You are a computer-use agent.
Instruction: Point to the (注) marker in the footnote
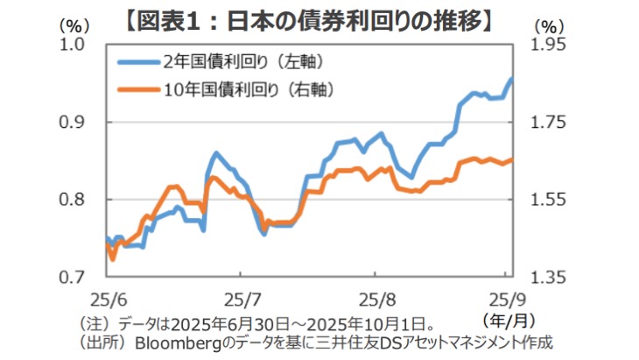(95, 321)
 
